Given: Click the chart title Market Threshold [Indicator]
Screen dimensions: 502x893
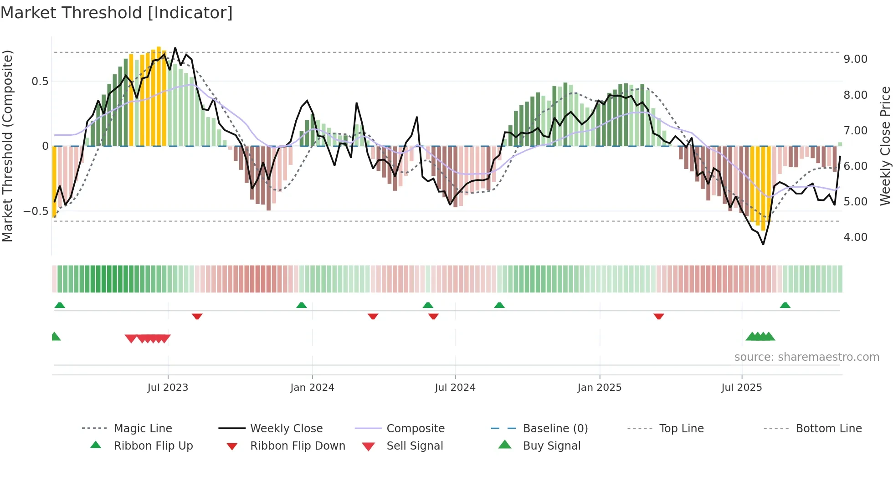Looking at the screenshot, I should (x=117, y=13).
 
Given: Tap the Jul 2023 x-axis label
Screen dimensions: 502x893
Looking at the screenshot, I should (x=168, y=388).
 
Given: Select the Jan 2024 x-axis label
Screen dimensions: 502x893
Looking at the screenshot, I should (x=312, y=388).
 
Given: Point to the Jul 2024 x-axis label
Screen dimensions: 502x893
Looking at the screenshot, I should (x=455, y=388).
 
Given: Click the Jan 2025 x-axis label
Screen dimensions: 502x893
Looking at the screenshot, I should (x=599, y=388).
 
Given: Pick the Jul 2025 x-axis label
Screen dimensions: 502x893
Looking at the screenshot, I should (x=742, y=388).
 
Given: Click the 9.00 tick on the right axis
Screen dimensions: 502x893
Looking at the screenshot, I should (x=855, y=59).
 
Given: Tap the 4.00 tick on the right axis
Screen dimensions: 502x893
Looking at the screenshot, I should (x=855, y=237).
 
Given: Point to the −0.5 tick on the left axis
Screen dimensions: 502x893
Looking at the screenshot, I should (x=36, y=211).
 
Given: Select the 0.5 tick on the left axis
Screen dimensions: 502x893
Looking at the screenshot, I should (x=40, y=82).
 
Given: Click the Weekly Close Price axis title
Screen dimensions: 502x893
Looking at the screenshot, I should (x=885, y=146).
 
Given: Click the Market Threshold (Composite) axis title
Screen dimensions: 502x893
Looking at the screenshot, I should (x=7, y=146).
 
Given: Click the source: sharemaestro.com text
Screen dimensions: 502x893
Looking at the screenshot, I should (x=806, y=357).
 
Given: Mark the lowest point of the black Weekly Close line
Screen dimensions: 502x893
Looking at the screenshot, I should (x=763, y=245).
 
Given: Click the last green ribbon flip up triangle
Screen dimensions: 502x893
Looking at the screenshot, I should (x=785, y=305).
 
